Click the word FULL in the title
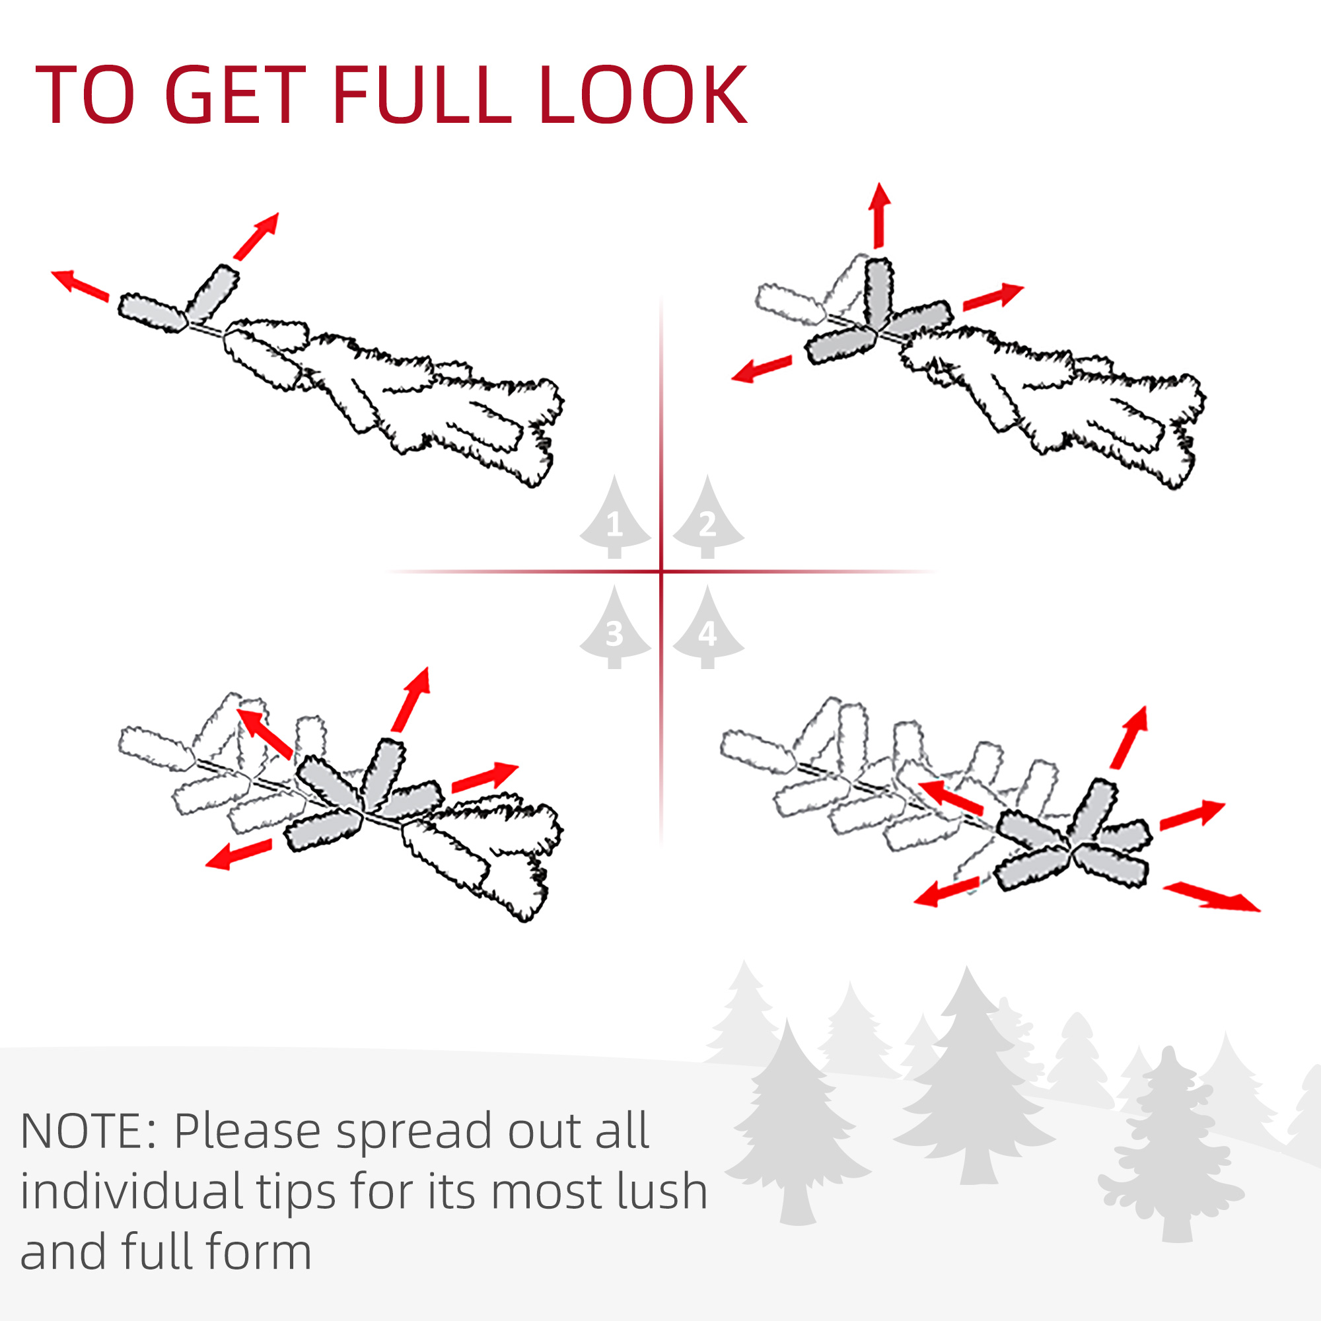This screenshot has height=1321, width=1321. pyautogui.click(x=422, y=95)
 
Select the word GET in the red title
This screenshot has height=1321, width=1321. pyautogui.click(x=234, y=95)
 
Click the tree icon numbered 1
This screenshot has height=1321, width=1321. pyautogui.click(x=615, y=517)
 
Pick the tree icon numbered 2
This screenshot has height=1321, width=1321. pyautogui.click(x=707, y=517)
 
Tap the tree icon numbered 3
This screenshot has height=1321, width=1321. pyautogui.click(x=615, y=626)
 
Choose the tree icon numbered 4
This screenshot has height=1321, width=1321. pyautogui.click(x=707, y=626)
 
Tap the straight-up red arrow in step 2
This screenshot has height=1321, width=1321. pyautogui.click(x=879, y=215)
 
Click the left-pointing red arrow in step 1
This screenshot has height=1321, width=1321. pyautogui.click(x=80, y=285)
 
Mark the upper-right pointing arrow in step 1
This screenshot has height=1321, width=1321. pyautogui.click(x=256, y=236)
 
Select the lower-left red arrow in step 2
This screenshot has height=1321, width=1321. pyautogui.click(x=761, y=369)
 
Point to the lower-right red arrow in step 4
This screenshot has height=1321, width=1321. pyautogui.click(x=1211, y=896)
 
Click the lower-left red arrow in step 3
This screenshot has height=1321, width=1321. pyautogui.click(x=238, y=854)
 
